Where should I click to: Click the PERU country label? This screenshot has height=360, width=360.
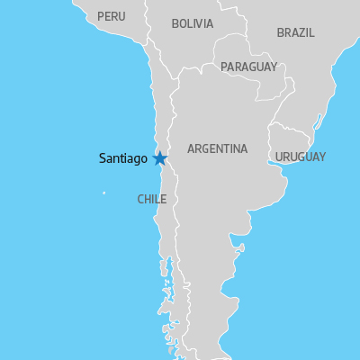pos(112,16)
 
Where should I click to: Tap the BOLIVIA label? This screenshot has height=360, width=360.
pos(193,23)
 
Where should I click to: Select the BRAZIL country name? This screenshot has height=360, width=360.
pos(295,32)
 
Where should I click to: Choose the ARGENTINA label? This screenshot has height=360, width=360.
pos(217,148)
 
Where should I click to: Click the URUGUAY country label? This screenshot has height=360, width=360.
pos(301,157)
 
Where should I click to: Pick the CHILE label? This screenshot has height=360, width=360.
pos(151,199)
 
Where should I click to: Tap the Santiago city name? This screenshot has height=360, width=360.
pos(122,158)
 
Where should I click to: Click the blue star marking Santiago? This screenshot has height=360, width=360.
pos(160,158)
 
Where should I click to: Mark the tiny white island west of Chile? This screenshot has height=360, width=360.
pos(103,193)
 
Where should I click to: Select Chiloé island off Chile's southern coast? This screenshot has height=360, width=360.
pos(165,267)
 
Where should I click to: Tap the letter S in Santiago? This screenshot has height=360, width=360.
pos(102,158)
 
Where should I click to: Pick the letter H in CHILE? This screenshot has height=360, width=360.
pos(147,199)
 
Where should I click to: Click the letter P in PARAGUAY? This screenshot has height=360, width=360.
pos(224,67)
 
